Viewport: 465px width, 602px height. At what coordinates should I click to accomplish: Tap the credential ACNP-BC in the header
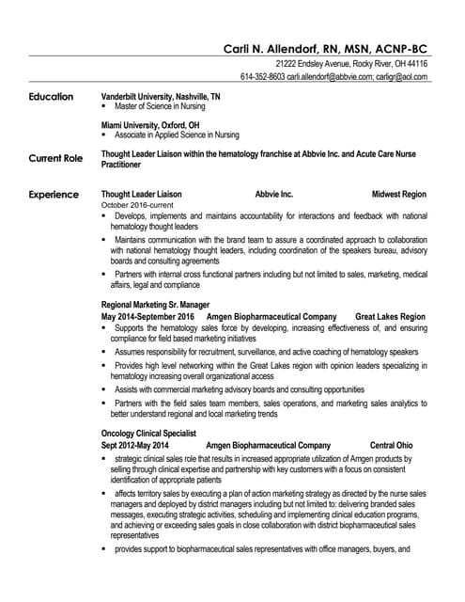[401, 48]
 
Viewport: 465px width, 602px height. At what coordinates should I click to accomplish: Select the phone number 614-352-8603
[262, 76]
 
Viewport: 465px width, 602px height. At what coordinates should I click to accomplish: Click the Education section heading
[53, 97]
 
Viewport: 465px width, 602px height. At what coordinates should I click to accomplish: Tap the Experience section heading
[54, 195]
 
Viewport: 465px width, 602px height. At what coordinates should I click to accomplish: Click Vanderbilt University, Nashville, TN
[161, 97]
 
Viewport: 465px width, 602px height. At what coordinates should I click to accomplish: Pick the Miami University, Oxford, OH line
[149, 125]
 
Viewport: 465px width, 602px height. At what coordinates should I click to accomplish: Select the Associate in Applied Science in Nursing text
[177, 135]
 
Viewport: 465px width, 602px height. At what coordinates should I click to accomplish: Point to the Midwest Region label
[398, 195]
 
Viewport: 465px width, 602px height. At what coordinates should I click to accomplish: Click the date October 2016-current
[137, 205]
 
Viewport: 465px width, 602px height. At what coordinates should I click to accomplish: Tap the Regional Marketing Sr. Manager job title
[155, 306]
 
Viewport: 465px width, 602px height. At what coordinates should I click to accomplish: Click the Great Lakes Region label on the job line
[390, 317]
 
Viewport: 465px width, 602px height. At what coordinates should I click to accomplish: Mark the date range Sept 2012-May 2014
[134, 445]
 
